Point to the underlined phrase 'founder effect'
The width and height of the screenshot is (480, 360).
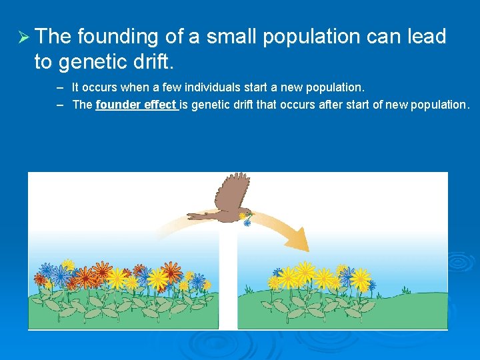(136, 105)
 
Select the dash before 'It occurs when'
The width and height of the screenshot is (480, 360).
(60, 87)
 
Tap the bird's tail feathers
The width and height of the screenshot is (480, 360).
(199, 215)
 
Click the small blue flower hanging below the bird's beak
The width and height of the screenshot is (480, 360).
(247, 223)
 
